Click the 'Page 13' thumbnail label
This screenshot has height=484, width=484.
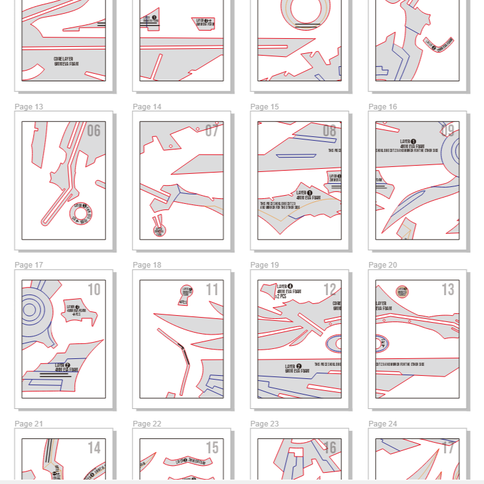point(29,107)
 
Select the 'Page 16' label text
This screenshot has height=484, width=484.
point(383,107)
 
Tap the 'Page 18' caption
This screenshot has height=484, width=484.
point(147,265)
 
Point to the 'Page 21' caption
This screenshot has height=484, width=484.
point(29,424)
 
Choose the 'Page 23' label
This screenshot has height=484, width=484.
point(265,424)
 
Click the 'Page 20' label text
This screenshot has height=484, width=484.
point(383,265)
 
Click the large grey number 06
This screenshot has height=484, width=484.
point(93,131)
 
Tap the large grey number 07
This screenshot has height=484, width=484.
point(212,131)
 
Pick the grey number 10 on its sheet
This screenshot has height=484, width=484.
point(94,290)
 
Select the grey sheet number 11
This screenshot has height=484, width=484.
point(212,290)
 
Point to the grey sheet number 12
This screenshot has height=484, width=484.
point(330,290)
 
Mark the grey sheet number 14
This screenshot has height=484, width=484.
point(94,448)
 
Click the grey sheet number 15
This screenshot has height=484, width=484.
point(212,448)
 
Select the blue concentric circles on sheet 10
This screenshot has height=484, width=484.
point(29,310)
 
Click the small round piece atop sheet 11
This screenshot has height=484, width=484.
point(186,291)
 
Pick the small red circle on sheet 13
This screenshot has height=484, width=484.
point(403,291)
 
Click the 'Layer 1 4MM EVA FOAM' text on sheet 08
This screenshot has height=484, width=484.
point(308,194)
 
